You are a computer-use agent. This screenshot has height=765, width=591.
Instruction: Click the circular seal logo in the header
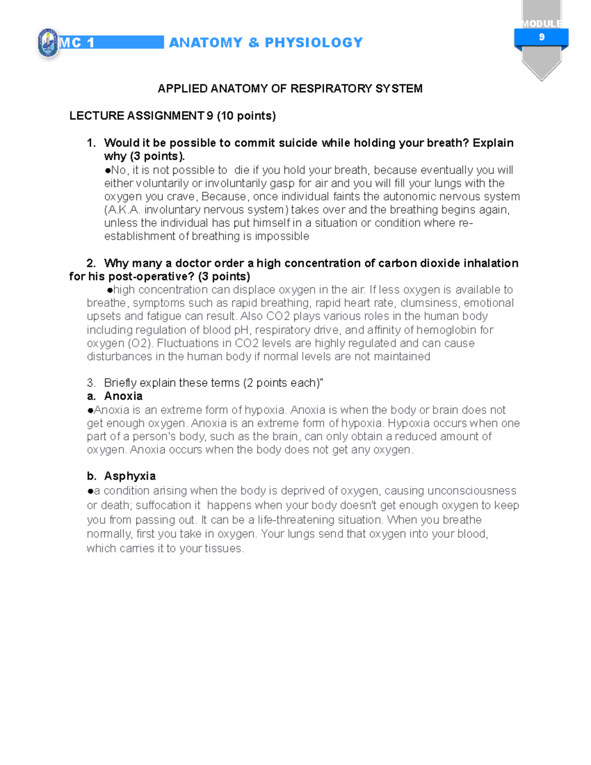[x=48, y=43]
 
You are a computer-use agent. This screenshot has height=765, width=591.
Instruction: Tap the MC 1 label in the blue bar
[x=77, y=43]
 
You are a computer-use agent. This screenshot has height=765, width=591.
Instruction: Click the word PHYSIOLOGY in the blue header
[x=314, y=43]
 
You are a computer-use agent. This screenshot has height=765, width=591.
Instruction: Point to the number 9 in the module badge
[x=542, y=37]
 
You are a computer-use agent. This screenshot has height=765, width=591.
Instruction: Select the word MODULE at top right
[x=541, y=24]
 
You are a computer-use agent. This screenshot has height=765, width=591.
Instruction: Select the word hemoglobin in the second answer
[x=447, y=330]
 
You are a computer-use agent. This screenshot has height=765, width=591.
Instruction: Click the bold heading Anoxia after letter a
[x=123, y=396]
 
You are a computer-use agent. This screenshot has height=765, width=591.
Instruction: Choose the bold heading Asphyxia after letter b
[x=130, y=476]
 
